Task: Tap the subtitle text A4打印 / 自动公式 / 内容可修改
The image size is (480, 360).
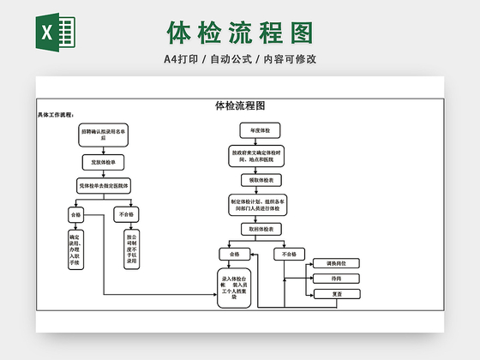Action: (x=240, y=59)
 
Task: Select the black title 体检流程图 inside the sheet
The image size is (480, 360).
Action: (x=239, y=106)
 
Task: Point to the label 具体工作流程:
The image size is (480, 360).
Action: (x=56, y=114)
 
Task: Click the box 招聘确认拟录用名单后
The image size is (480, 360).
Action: (x=104, y=135)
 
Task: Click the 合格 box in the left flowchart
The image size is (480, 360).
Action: (x=75, y=214)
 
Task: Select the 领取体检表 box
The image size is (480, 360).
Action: (x=261, y=181)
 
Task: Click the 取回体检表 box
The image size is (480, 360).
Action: (x=261, y=230)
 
